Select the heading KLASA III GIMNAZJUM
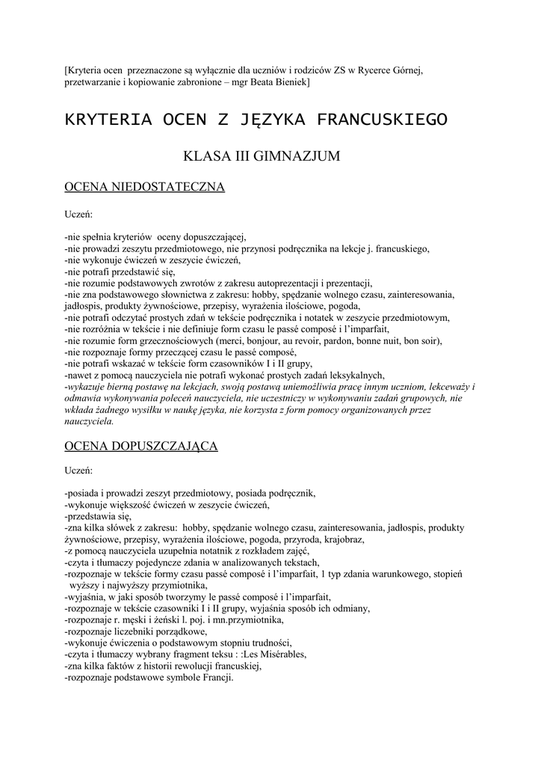[262, 156]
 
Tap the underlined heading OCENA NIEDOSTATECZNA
[145, 187]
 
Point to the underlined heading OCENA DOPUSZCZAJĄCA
[141, 447]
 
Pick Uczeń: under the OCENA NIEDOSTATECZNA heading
[78, 213]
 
